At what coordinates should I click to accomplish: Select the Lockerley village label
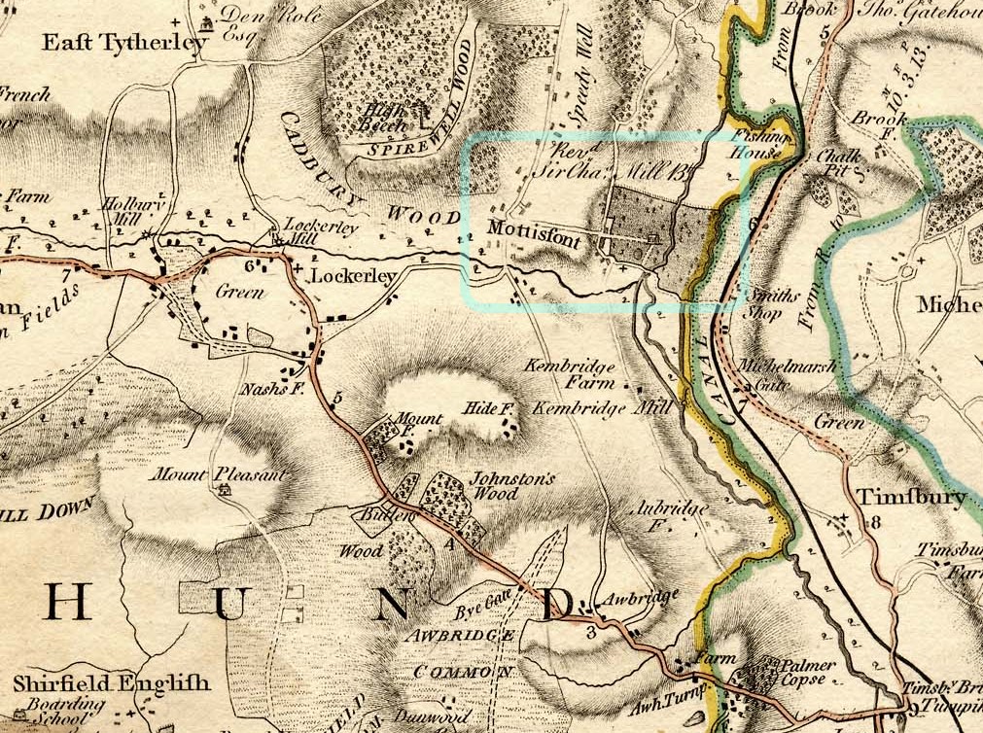click(x=353, y=277)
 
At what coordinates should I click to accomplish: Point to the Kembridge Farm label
click(x=570, y=375)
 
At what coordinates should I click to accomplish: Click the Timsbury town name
click(x=910, y=497)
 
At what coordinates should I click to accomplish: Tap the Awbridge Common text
click(x=462, y=653)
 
